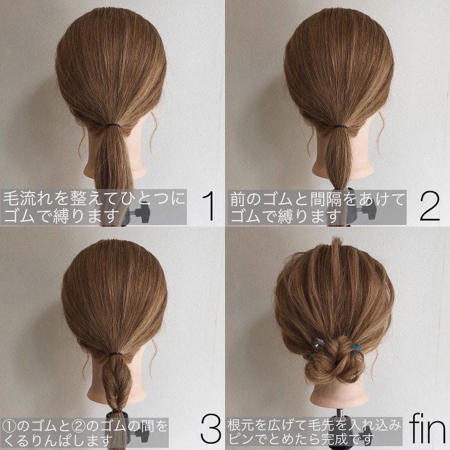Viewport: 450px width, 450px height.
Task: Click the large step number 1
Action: (x=209, y=206)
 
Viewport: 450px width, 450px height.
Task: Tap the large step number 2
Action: (x=429, y=206)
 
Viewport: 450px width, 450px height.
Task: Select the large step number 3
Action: (x=211, y=429)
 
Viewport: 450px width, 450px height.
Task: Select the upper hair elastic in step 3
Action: (x=114, y=355)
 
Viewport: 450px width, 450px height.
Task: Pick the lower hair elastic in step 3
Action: (x=116, y=412)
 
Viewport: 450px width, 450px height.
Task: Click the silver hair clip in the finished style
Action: (x=319, y=342)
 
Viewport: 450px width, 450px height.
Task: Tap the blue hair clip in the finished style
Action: (x=356, y=347)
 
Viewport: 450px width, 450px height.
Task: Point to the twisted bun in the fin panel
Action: (x=334, y=361)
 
